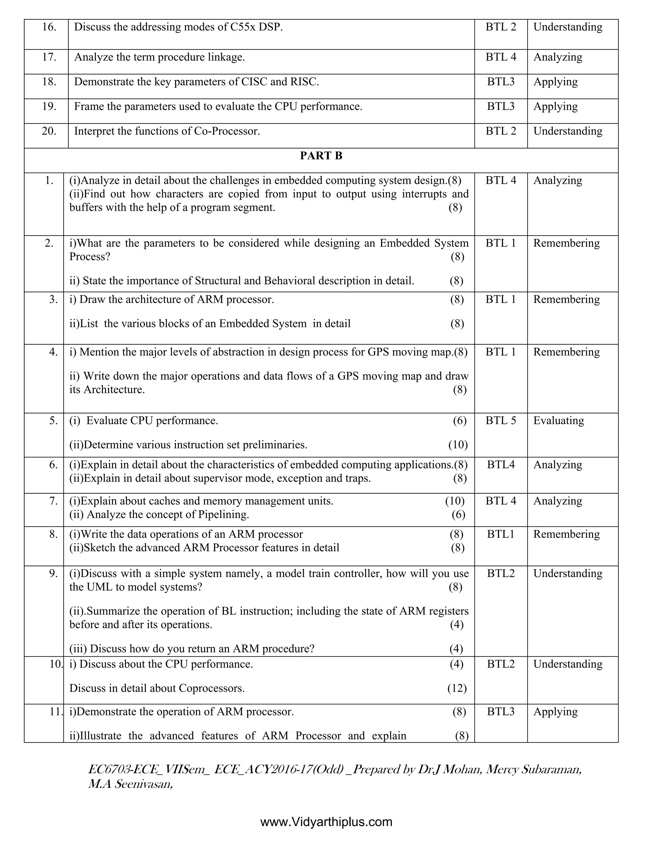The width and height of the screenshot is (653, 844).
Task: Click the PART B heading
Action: (321, 156)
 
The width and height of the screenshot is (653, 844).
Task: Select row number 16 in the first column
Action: (49, 27)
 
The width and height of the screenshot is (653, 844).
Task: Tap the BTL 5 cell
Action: (501, 420)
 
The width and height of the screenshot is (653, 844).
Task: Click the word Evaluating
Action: (558, 420)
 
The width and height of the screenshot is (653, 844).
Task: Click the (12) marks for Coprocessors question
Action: (457, 688)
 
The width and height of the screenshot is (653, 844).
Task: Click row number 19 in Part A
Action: (49, 106)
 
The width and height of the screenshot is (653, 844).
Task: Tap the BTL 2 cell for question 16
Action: (501, 27)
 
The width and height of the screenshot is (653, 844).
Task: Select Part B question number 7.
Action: (53, 501)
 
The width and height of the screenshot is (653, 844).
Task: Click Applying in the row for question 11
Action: (555, 712)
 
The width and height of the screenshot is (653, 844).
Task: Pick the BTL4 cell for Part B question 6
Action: (501, 464)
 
